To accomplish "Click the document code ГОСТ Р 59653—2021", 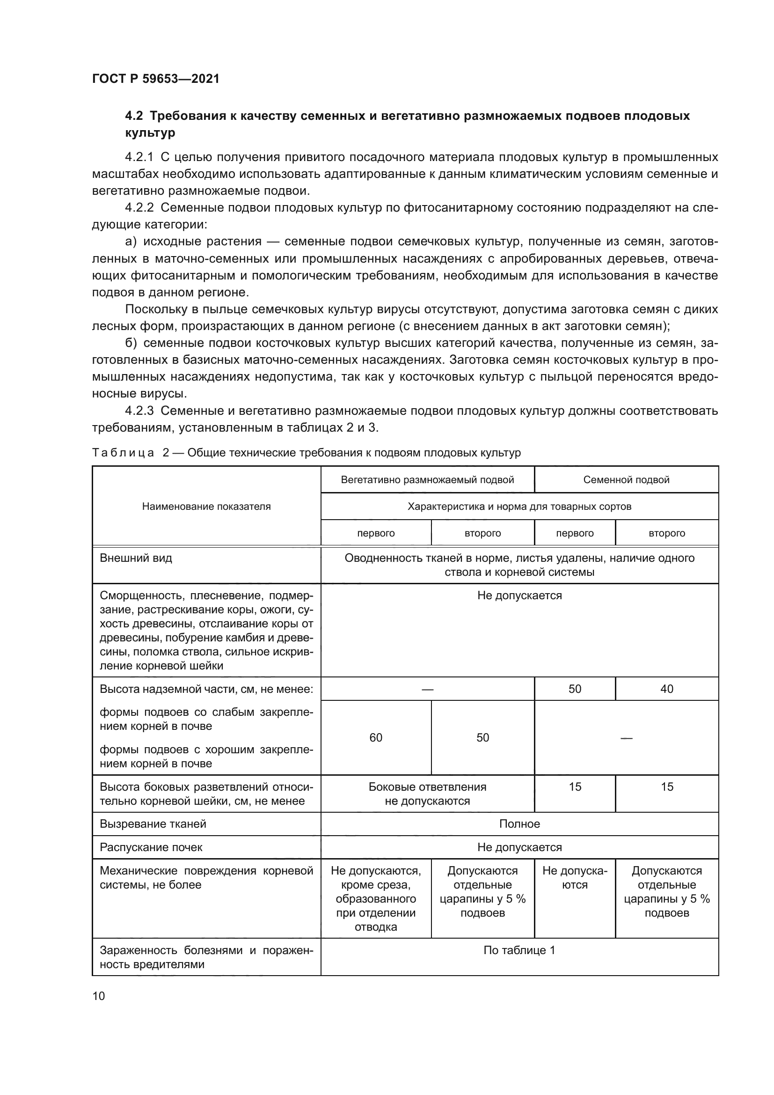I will coord(155,79).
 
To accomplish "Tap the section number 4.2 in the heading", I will coord(134,116).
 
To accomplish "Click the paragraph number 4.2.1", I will coord(139,157).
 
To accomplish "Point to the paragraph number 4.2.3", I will coord(139,411).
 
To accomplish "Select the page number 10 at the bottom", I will coord(99,996).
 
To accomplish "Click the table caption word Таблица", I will coord(123,453).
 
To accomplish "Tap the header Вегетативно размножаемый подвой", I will coord(427,480).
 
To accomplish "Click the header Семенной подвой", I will coord(626,480).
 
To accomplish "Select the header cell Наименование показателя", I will coord(206,507).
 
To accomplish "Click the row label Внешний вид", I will coord(136,558).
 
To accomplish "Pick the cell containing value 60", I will coord(376,738).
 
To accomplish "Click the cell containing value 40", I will coord(666,689).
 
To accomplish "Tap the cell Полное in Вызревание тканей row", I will coord(519,824).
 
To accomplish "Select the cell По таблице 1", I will coord(519,950).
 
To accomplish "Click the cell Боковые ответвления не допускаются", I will coord(427,794).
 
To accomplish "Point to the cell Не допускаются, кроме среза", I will coord(376,898).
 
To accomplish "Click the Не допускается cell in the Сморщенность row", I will coord(519,595).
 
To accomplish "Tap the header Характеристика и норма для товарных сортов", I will coord(519,507).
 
